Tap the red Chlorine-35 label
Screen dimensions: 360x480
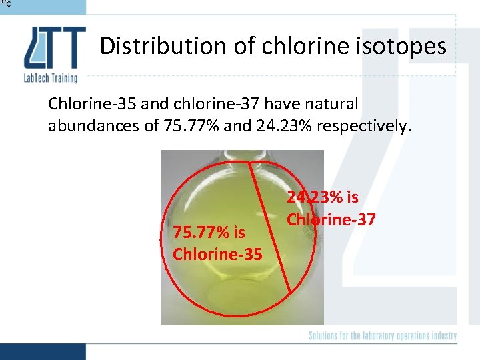[217, 254]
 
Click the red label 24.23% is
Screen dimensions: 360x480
[323, 197]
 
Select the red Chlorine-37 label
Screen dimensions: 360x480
[331, 219]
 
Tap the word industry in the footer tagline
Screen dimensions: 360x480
[441, 336]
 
